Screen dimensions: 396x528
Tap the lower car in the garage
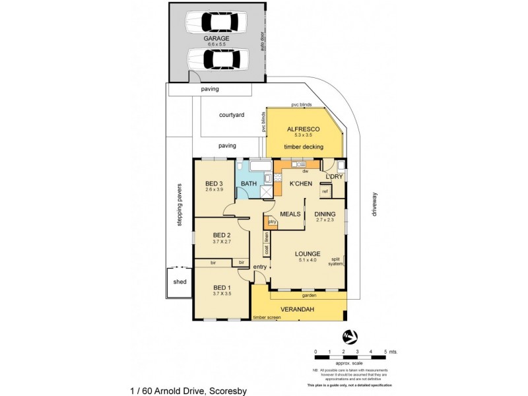pyautogui.click(x=216, y=59)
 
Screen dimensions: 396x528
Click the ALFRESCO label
pyautogui.click(x=304, y=129)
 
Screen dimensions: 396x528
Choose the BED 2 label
pyautogui.click(x=221, y=235)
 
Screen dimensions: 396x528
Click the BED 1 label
pyautogui.click(x=222, y=288)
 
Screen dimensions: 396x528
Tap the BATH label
pyautogui.click(x=249, y=183)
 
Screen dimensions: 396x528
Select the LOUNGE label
pyautogui.click(x=308, y=253)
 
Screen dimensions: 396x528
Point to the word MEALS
pyautogui.click(x=291, y=214)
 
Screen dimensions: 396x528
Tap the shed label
pyautogui.click(x=180, y=282)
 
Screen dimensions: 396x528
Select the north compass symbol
pyautogui.click(x=350, y=337)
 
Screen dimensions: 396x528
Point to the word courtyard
pyautogui.click(x=232, y=115)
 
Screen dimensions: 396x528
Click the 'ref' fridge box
pyautogui.click(x=325, y=191)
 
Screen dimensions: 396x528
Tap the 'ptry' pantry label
pyautogui.click(x=271, y=222)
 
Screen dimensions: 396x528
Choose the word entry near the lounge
pyautogui.click(x=260, y=266)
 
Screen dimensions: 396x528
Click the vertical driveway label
pyautogui.click(x=374, y=204)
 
